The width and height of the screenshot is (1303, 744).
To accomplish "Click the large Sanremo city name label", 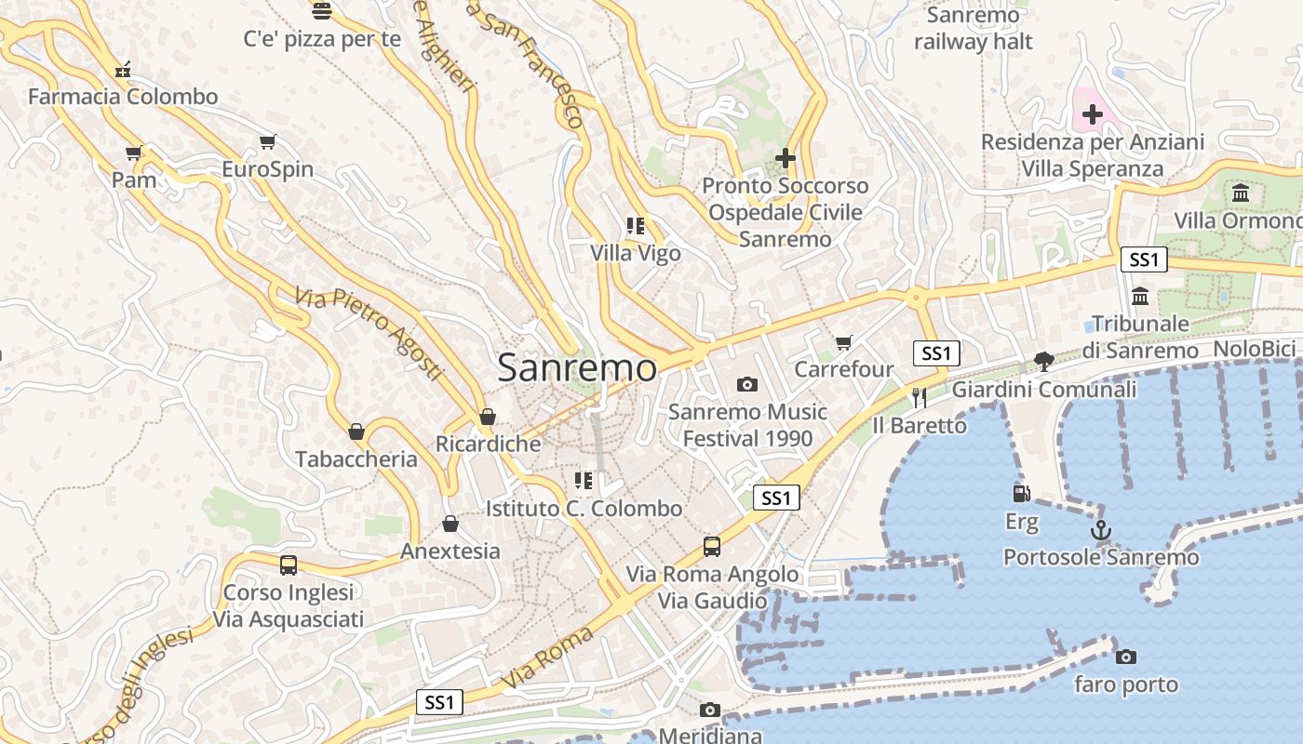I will coord(577,367).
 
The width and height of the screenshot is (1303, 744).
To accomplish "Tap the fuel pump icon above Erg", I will coord(1021,493).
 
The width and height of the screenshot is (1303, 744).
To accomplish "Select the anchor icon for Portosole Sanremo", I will coord(1101,530).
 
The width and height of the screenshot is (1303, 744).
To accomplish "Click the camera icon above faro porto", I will coord(1125,657).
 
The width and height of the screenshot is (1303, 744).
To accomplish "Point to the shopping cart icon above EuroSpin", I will coord(268,142).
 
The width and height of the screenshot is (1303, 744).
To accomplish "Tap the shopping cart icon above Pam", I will coord(134,153).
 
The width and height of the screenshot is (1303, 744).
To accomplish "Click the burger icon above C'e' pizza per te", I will coord(322,11).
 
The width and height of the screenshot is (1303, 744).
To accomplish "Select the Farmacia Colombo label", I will coord(123,97).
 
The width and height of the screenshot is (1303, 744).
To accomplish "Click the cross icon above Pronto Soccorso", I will coord(785,158).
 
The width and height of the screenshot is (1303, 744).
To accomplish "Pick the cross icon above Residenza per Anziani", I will coord(1093,115).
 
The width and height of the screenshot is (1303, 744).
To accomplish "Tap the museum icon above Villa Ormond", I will coord(1241,193).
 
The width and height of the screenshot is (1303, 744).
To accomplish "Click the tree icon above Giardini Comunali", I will coord(1044,361).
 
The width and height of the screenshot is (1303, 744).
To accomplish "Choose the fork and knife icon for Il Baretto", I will coord(920,398).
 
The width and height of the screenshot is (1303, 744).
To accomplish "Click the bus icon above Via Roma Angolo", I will coord(712,546).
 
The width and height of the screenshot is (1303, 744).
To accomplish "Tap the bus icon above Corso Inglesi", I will coord(289,565).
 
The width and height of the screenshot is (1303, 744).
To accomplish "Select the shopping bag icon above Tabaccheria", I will coord(356,432).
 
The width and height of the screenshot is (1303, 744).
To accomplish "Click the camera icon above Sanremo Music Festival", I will coord(746,384).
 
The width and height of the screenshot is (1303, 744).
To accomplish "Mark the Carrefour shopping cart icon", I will coord(843,342).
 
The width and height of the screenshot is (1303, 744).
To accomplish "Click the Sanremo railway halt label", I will coord(974,28).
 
